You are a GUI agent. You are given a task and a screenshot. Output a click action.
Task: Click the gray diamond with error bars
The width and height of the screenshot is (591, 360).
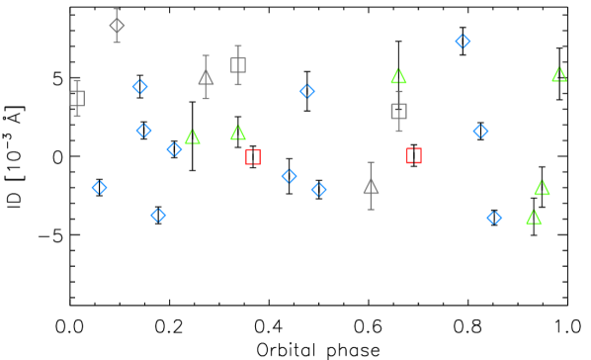point(117,26)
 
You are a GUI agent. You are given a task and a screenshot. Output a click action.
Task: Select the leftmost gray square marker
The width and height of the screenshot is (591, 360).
point(77,98)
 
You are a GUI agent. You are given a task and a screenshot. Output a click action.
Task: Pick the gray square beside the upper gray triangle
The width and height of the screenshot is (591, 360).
point(237,65)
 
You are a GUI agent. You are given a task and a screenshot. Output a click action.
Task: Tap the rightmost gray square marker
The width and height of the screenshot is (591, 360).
point(398,111)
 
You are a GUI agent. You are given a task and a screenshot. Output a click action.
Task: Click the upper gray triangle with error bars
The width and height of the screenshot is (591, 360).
point(206,78)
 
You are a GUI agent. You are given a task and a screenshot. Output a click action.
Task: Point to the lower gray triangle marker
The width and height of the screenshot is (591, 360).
point(371,186)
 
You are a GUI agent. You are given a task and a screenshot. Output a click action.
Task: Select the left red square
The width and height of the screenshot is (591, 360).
point(253,156)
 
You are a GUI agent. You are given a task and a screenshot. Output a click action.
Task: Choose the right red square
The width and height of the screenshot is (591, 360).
point(414,155)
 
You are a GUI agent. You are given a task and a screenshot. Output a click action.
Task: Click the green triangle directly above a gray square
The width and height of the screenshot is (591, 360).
point(398,76)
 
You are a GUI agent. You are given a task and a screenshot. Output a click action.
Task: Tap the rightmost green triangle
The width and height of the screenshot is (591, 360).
point(558,75)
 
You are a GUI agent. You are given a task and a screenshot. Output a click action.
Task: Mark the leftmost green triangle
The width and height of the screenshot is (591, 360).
point(192,136)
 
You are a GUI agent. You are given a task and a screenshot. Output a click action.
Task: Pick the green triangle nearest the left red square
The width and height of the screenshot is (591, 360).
point(237,133)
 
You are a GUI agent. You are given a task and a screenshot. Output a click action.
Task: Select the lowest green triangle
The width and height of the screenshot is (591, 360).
point(534,217)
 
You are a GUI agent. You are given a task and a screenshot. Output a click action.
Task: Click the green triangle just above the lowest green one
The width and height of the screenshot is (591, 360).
point(542,188)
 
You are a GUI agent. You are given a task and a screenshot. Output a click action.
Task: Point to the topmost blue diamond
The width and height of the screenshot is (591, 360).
point(463,41)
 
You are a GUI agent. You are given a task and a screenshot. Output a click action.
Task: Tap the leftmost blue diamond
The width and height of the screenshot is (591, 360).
point(99,187)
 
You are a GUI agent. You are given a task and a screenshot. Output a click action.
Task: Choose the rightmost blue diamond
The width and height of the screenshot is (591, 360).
point(494,218)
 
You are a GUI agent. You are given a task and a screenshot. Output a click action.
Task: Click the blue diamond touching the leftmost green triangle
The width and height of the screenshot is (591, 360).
point(174,149)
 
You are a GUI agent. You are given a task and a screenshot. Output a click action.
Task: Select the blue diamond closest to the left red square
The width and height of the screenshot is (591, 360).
point(289,176)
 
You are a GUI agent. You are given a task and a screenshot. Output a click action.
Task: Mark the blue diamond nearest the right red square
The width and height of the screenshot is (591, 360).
point(480,131)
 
